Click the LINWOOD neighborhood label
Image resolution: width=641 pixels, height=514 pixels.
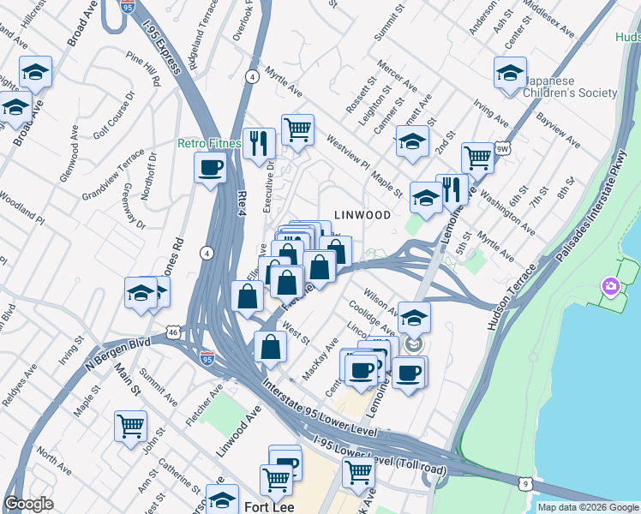click(x=361, y=215)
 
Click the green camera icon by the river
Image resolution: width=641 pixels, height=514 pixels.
click(x=610, y=285)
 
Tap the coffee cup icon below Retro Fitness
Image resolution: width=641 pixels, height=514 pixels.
click(x=210, y=169)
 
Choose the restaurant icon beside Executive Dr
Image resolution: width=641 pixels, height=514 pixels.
click(x=258, y=144)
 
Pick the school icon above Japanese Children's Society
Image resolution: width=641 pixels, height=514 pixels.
click(x=510, y=73)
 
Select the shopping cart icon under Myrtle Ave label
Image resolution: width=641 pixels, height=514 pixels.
click(x=297, y=131)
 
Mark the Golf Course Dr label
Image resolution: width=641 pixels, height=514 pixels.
click(x=113, y=119)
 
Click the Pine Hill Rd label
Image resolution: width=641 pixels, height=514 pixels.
click(x=144, y=70)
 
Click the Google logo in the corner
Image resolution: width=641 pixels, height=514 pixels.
click(x=29, y=504)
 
